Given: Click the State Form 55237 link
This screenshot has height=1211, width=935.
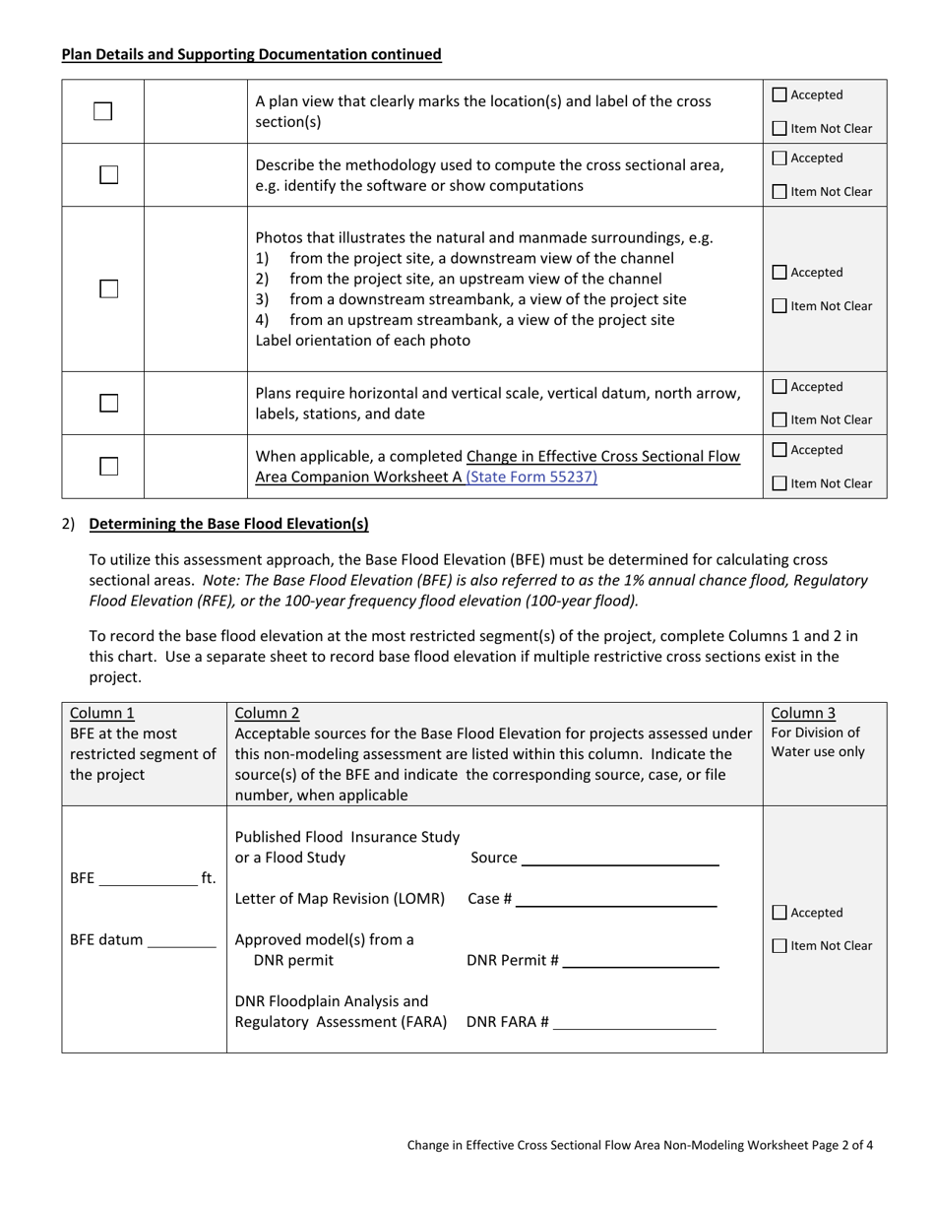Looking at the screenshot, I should (x=531, y=478).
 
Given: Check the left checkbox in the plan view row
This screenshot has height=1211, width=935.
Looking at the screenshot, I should (x=103, y=112).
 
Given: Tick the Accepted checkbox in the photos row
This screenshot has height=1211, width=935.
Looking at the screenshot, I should (x=779, y=273).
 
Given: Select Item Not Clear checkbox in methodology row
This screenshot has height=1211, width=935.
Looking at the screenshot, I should (x=779, y=192).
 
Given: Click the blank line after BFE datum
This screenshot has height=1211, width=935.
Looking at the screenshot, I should (x=181, y=940).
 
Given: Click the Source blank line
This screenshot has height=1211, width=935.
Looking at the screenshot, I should (x=620, y=859).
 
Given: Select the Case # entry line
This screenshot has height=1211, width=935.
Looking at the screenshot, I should (x=616, y=899).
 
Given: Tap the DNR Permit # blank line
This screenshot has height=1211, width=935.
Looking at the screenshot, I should (x=641, y=961).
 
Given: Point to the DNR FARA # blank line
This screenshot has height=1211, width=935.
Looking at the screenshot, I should (x=635, y=1022).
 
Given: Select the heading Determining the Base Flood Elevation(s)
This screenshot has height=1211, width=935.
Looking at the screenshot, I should (x=228, y=523).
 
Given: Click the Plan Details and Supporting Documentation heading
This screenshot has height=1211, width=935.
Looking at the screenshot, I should (x=251, y=55).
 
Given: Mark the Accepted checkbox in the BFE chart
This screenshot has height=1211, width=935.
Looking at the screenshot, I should (x=779, y=913).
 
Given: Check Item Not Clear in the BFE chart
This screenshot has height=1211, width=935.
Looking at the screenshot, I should (x=779, y=946).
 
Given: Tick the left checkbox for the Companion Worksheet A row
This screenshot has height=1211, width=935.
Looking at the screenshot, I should (x=108, y=467).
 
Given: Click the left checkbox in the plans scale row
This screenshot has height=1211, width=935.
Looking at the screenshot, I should (x=108, y=404).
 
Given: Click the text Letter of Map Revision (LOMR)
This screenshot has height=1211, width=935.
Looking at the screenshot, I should (x=340, y=899).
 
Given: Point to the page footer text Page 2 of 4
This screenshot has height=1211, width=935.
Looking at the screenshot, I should (x=842, y=1145).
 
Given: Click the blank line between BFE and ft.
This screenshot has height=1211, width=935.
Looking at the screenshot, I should (x=149, y=879).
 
